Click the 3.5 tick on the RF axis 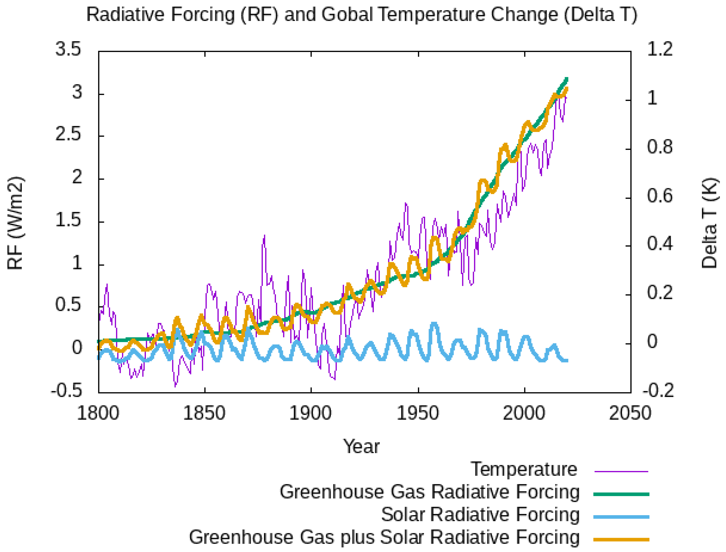[x=68, y=50]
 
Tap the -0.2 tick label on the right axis [x=658, y=391]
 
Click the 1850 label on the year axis [x=204, y=413]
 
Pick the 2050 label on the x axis [x=630, y=413]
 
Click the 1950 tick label [x=418, y=413]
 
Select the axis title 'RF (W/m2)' [x=15, y=223]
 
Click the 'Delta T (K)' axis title [x=710, y=223]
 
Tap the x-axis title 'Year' [x=361, y=446]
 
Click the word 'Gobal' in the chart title [x=347, y=15]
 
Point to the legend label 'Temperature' [x=524, y=469]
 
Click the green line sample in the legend [x=621, y=494]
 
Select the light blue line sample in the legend [x=621, y=517]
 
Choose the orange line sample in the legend [x=621, y=539]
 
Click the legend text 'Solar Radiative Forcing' [x=480, y=514]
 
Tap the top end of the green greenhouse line [x=567, y=79]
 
